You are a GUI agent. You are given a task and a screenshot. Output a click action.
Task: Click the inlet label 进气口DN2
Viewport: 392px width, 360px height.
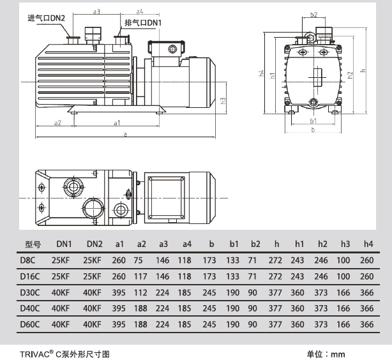point(47,17)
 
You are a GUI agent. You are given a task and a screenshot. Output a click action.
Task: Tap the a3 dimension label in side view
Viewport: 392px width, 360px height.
point(96,11)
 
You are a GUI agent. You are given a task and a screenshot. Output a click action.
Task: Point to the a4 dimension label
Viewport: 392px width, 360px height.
point(139,11)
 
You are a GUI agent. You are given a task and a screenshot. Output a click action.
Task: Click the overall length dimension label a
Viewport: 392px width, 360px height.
point(126,134)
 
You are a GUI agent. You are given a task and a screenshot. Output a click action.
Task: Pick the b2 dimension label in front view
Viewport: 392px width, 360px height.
point(313,14)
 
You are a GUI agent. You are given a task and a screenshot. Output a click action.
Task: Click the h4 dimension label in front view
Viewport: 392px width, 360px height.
point(262,73)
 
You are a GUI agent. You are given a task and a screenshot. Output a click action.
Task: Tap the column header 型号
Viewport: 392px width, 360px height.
point(33,244)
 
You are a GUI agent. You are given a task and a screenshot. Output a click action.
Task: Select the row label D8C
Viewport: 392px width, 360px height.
point(28,260)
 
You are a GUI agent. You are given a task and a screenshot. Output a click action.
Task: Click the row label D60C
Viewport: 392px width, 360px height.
point(31,324)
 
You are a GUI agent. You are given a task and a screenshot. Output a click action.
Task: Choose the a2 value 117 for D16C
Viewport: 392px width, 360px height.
point(142,276)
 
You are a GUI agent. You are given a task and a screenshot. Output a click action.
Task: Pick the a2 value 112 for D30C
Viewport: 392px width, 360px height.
point(142,292)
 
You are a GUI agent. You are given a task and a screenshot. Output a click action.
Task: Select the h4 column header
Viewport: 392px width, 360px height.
point(367,244)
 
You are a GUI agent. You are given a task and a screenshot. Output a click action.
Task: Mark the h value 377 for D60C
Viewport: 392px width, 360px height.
point(276,324)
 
